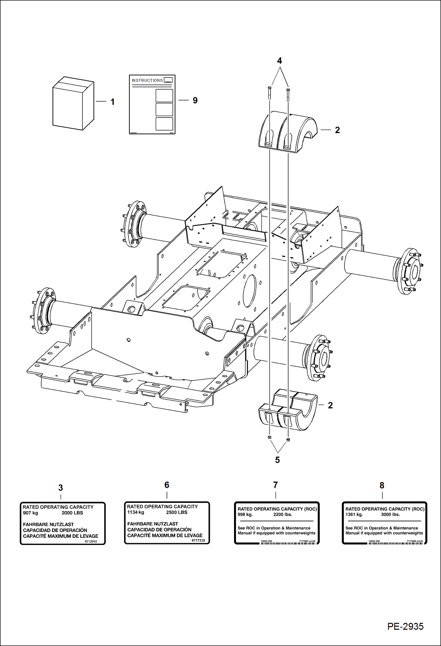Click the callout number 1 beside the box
point(112,102)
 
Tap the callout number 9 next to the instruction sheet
point(195,100)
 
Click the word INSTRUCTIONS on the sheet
point(147,80)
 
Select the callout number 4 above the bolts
point(279,61)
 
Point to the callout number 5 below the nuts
point(277,460)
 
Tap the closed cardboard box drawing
point(73,104)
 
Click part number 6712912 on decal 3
point(91,541)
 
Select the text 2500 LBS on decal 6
point(177,512)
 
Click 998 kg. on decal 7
point(245,515)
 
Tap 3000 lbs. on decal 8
point(390,515)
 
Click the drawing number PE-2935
point(405,626)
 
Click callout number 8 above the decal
point(382,485)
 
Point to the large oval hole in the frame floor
point(249,291)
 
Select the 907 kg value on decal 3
point(30,513)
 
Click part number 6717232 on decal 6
point(198,541)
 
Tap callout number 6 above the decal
point(167,485)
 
